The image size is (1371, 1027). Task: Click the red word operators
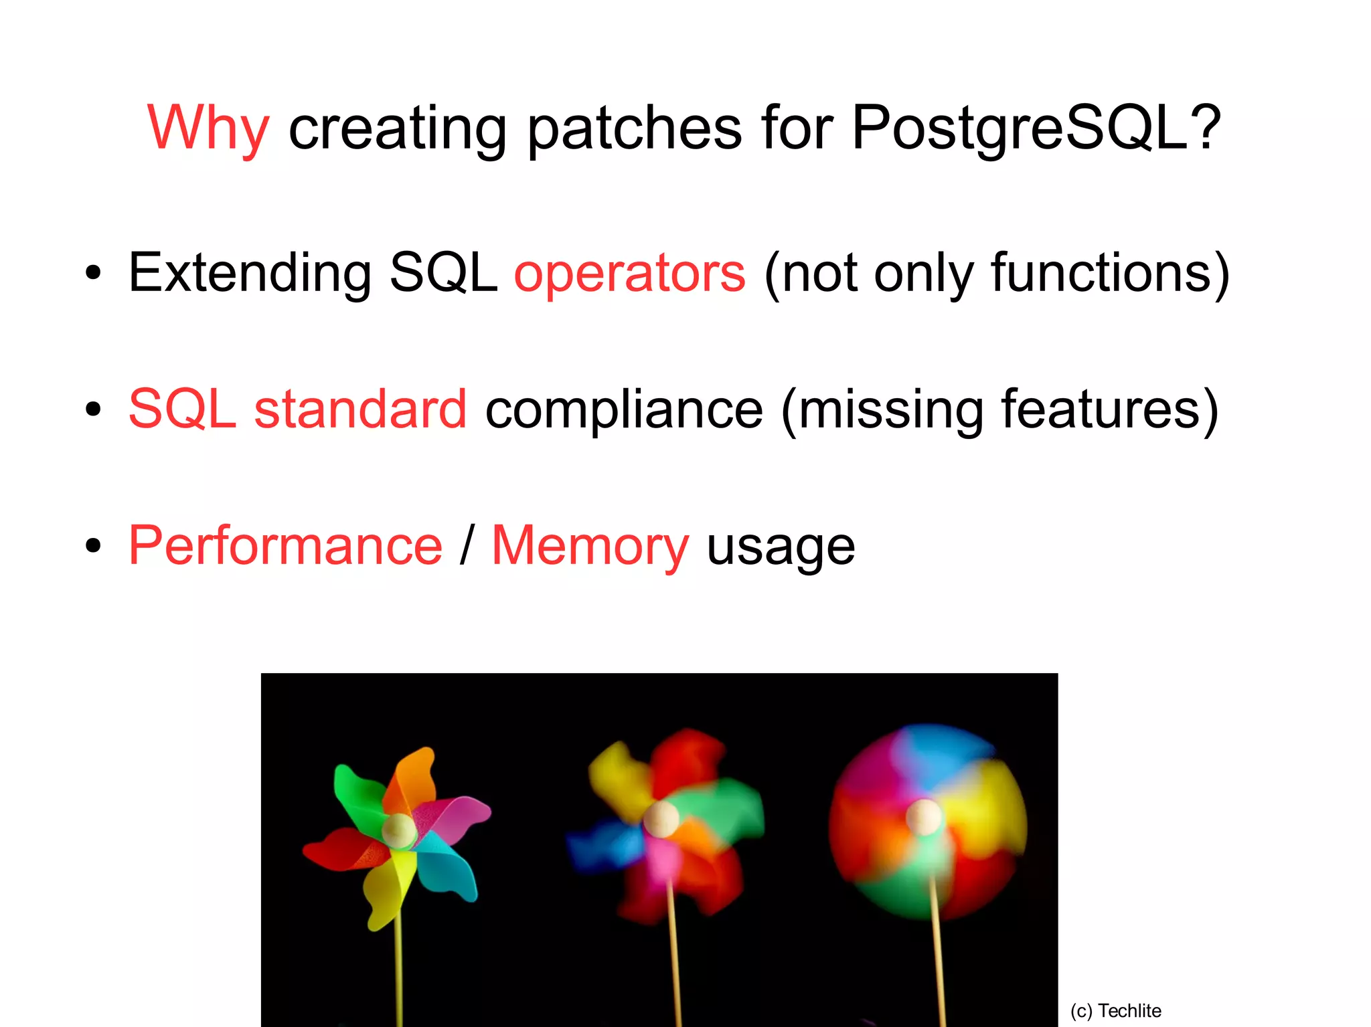click(x=629, y=273)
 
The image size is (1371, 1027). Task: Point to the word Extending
click(x=250, y=273)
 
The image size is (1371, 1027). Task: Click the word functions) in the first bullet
click(x=1110, y=273)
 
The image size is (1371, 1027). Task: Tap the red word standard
click(x=360, y=409)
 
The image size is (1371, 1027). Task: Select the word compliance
click(x=624, y=409)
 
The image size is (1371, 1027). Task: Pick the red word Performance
click(x=285, y=546)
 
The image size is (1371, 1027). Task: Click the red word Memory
click(x=590, y=546)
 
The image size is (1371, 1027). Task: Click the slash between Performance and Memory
click(x=467, y=546)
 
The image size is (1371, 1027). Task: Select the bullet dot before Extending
click(x=93, y=273)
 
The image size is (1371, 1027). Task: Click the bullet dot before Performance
click(x=93, y=546)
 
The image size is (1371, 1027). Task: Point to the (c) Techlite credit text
click(x=1115, y=1010)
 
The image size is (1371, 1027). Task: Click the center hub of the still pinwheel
click(x=400, y=830)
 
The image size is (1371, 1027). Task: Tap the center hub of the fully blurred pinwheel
click(x=924, y=817)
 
